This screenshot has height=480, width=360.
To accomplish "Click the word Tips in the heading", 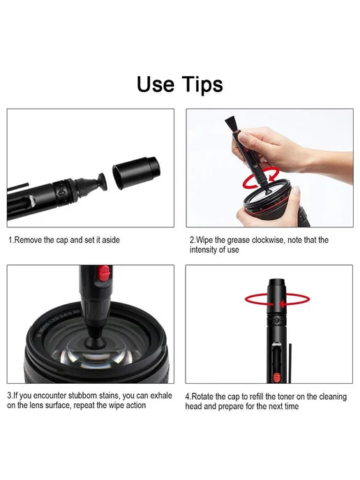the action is pyautogui.click(x=202, y=85).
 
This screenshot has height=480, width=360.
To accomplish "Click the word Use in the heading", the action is pyautogui.click(x=155, y=84).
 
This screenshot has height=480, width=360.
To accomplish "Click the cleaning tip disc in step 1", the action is pyautogui.click(x=102, y=181).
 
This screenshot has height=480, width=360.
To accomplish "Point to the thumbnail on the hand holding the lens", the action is pyautogui.click(x=296, y=192).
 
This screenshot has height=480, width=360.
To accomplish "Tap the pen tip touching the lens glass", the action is pyautogui.click(x=91, y=340).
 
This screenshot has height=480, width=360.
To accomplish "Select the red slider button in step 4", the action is pyautogui.click(x=276, y=377).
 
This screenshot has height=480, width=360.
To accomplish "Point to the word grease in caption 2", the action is pyautogui.click(x=239, y=240).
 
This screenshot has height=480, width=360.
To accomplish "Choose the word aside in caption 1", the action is pyautogui.click(x=111, y=240).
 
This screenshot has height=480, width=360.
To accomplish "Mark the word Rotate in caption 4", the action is pyautogui.click(x=202, y=397).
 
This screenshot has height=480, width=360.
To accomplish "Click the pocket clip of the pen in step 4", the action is pyautogui.click(x=290, y=363).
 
